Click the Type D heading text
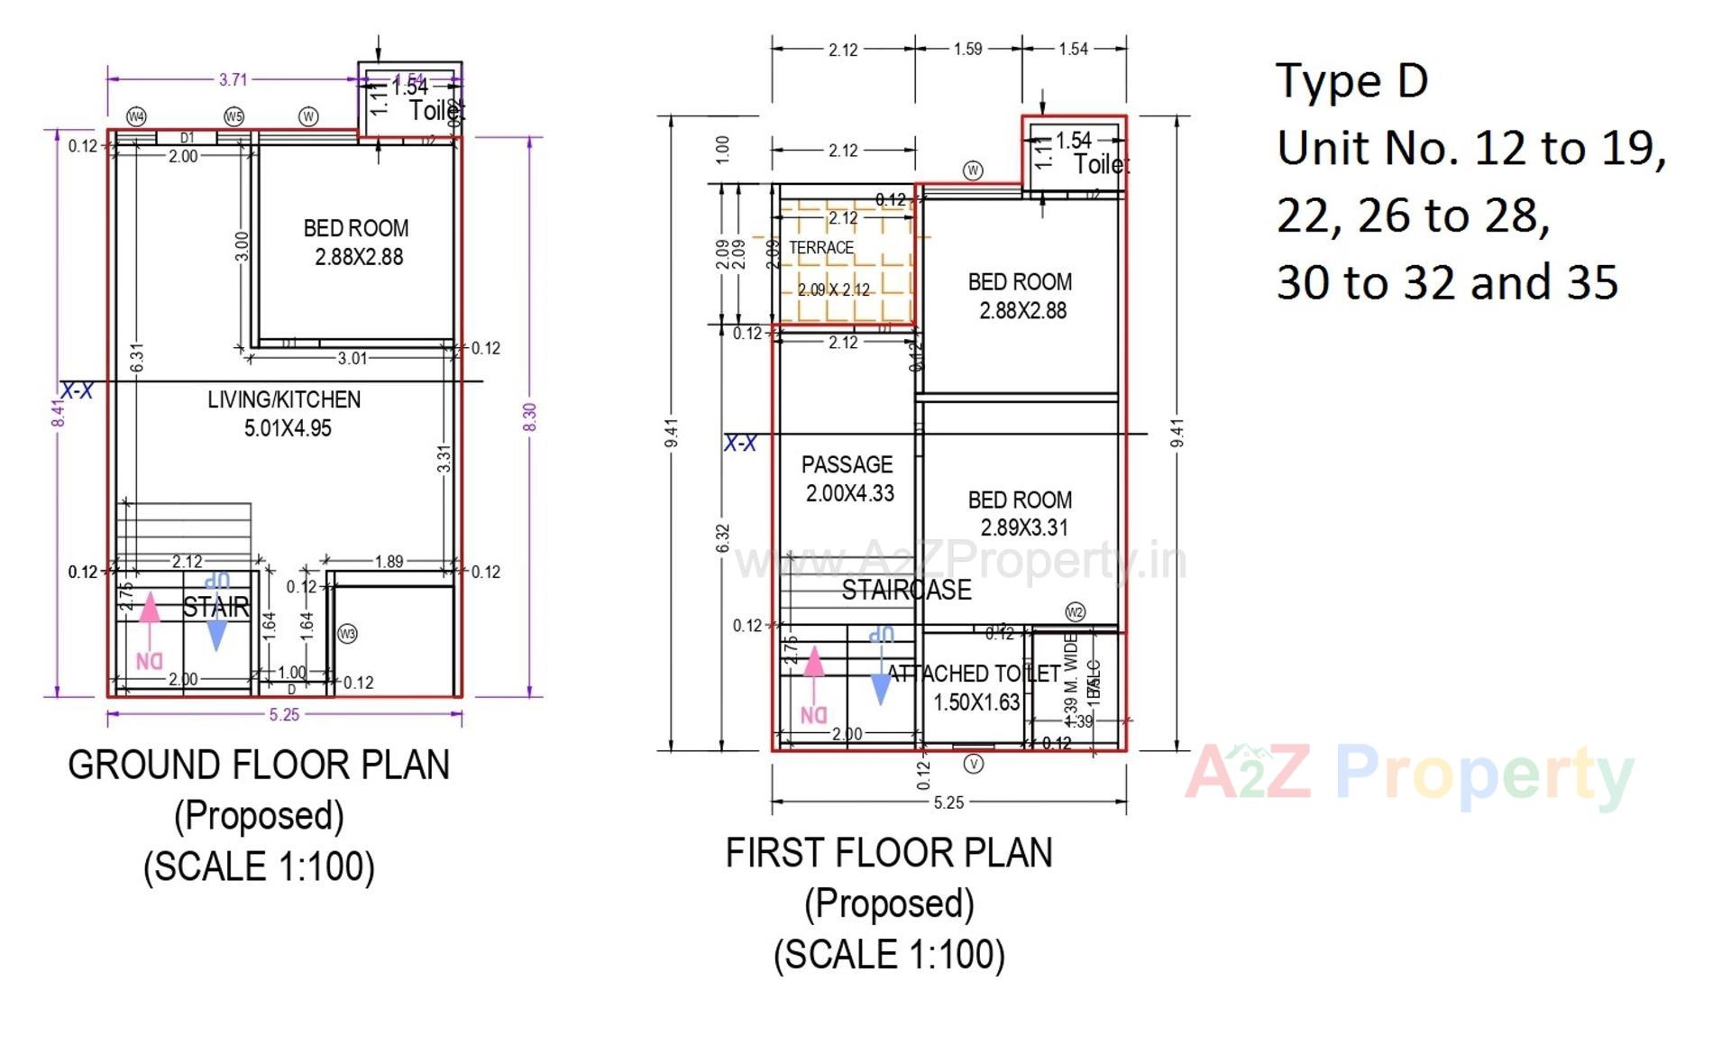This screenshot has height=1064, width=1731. coord(1351,81)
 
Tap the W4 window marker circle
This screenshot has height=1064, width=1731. coord(136,116)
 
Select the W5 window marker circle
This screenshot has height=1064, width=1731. coord(234,116)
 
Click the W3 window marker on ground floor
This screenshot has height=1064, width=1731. coord(347,634)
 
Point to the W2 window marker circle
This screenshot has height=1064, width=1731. coord(1075,612)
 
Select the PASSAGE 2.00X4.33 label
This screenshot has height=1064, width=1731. coord(847,479)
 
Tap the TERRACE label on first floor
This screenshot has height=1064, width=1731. coord(820,248)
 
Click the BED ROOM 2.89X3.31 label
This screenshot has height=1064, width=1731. coord(1021,513)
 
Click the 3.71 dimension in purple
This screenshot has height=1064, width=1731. coord(233,79)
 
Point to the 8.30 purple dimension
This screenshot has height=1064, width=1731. coord(530,417)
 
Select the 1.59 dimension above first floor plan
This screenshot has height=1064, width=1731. coord(967,49)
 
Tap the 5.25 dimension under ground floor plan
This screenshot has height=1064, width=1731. coord(284,715)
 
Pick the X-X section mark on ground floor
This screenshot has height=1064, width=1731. coord(77,390)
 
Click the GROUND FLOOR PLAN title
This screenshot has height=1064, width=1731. coord(259,765)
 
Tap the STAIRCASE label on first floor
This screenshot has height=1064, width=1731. coord(906,590)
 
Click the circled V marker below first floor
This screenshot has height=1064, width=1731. coord(974,764)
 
